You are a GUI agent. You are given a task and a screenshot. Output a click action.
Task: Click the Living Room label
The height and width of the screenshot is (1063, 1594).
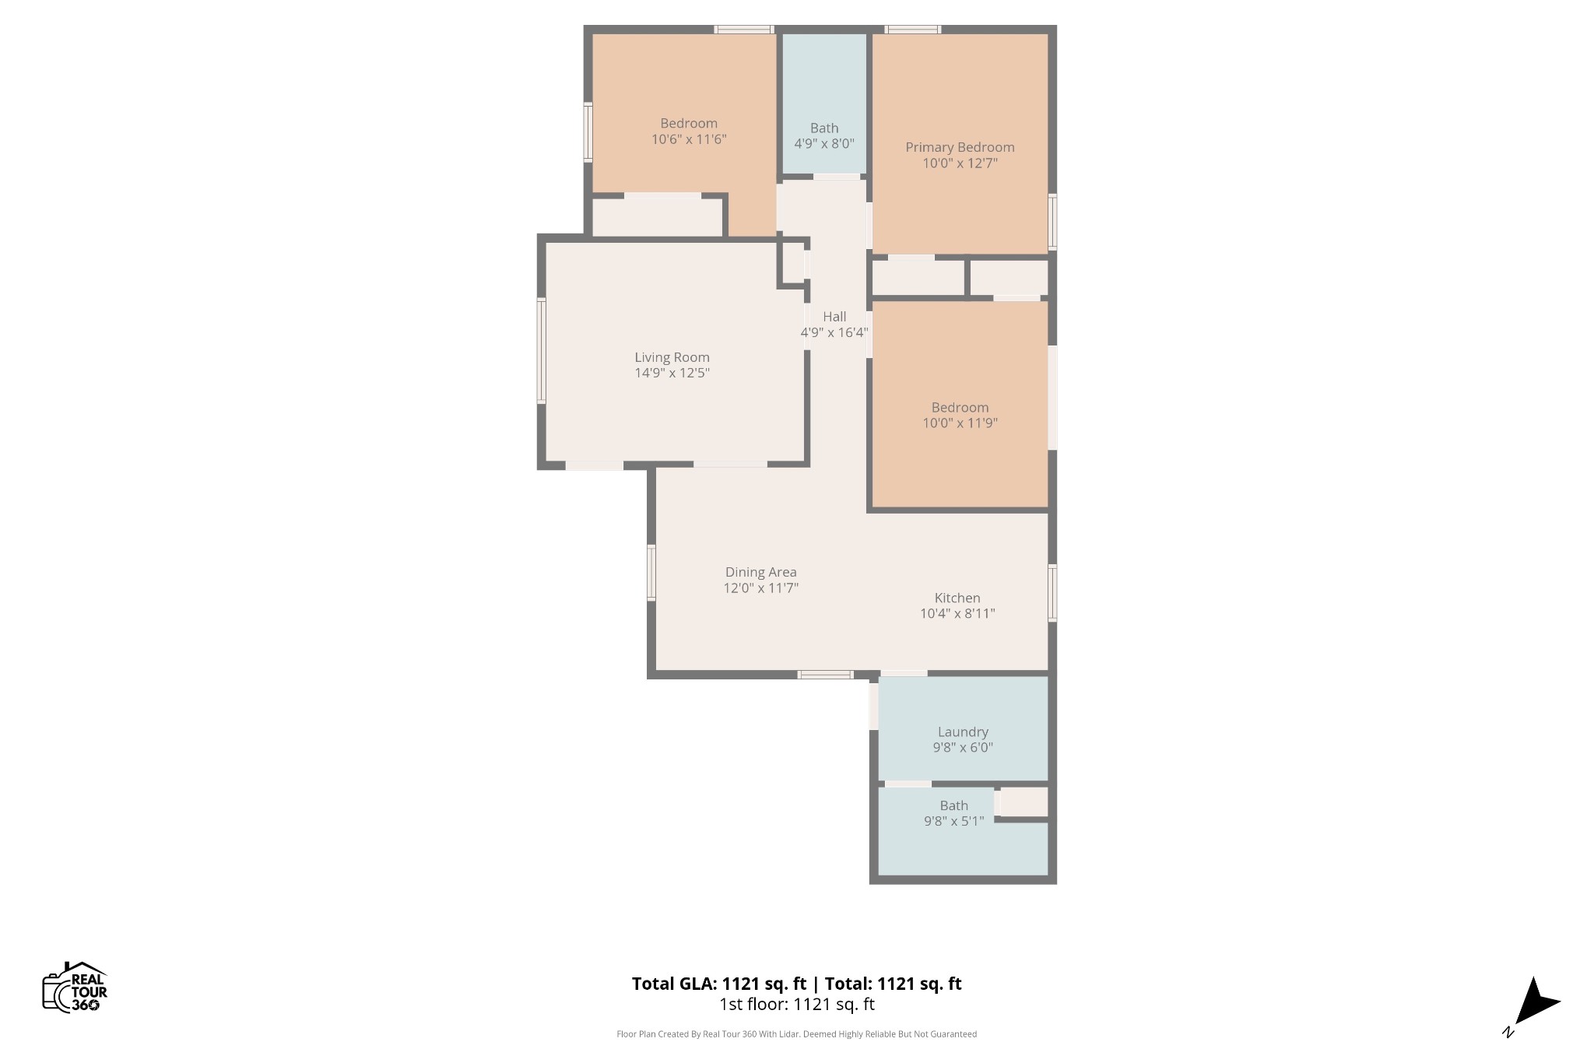pos(672,357)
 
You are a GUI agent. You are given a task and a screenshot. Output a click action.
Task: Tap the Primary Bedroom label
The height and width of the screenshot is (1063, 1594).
pos(960,147)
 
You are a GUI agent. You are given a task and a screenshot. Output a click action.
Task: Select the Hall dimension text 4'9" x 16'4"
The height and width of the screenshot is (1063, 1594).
pos(834,333)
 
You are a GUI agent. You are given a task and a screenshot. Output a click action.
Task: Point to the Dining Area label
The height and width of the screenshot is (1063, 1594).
pos(760,572)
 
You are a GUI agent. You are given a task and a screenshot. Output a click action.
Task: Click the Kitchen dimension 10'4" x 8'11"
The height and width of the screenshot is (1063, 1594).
pos(957,613)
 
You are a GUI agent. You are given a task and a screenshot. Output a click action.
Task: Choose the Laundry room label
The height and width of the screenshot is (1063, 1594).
pos(963,731)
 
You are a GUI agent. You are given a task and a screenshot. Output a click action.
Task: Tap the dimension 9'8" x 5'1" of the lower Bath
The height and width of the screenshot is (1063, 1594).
pos(953,821)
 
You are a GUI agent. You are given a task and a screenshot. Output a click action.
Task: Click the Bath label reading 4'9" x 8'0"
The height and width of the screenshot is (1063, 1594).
pos(824,135)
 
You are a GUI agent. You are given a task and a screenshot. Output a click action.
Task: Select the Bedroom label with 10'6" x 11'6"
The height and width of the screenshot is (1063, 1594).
pos(689,131)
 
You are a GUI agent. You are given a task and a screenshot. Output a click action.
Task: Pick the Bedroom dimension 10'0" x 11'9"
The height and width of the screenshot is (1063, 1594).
pos(960,423)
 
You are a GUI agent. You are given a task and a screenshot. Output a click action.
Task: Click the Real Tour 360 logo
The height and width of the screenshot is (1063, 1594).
pos(75,987)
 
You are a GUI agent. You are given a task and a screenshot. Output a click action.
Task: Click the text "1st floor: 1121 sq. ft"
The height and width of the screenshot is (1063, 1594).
pos(797,1005)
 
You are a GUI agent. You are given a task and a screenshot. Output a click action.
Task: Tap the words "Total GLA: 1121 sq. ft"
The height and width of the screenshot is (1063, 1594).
pos(719,984)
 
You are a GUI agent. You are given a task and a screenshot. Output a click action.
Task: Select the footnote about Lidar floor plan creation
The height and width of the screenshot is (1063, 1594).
pos(796,1034)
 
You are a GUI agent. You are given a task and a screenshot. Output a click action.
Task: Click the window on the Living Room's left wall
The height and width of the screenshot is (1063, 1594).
pos(542,351)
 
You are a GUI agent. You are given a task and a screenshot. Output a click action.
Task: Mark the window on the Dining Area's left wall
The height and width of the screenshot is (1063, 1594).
pos(651,573)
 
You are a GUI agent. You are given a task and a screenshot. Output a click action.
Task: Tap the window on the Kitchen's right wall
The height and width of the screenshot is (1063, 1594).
pos(1052,593)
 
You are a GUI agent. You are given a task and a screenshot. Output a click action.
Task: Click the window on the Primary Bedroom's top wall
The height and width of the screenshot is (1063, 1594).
pos(913,30)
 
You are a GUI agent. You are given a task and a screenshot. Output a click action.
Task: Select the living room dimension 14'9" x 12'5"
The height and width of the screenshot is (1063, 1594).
pos(672,373)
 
